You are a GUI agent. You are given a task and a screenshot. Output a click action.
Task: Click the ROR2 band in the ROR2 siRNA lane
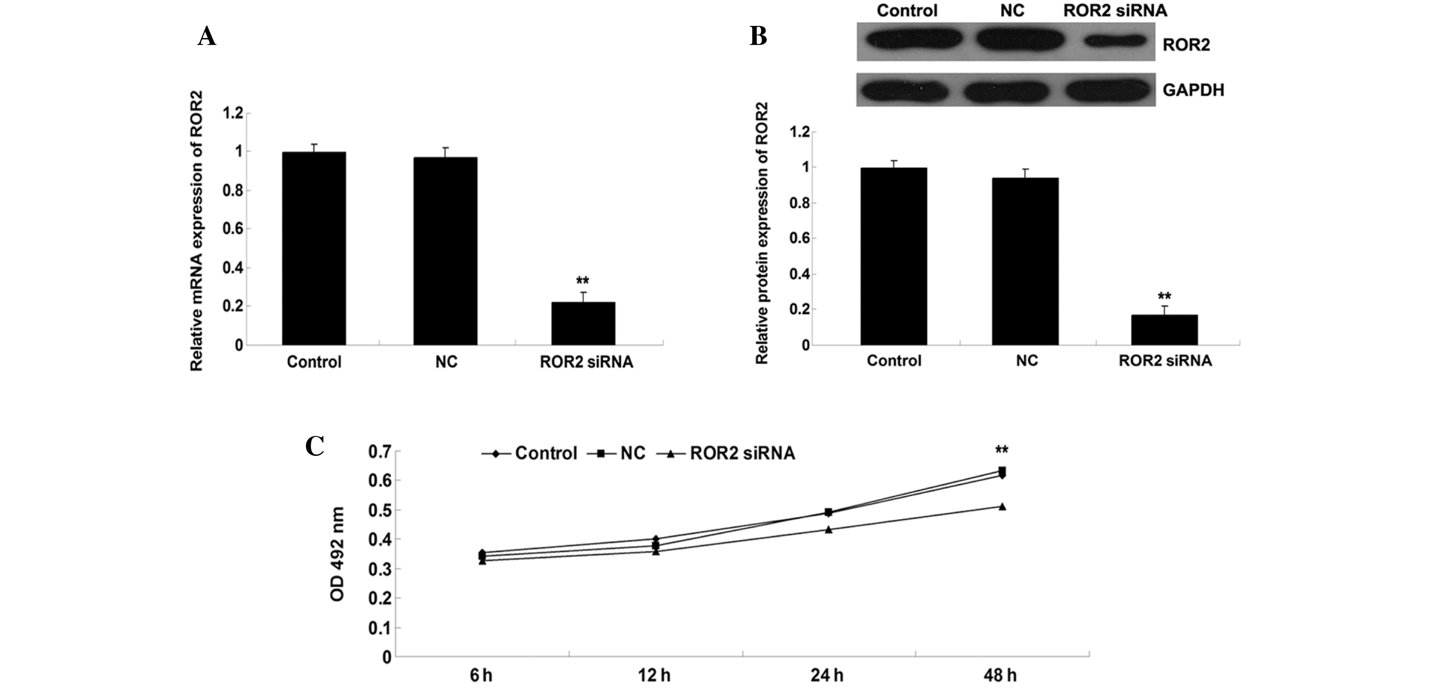pos(1115,41)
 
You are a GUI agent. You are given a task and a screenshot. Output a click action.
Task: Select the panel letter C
pos(315,446)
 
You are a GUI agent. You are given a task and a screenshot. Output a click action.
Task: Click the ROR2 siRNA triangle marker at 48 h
pos(1002,506)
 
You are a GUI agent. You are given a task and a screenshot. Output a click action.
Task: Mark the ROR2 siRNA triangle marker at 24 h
pos(828,530)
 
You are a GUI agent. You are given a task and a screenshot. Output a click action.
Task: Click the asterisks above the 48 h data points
pos(1002,450)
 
